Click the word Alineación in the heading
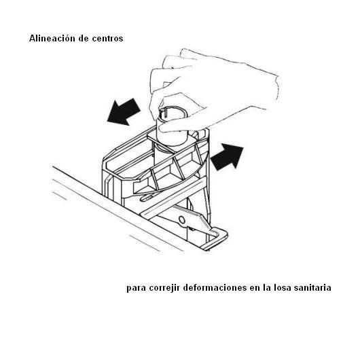(52, 38)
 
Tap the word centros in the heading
(107, 39)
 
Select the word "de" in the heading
(84, 38)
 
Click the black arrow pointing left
(124, 112)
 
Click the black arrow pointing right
(227, 157)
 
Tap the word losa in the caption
(283, 288)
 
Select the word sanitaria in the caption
(312, 288)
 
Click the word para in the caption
(136, 289)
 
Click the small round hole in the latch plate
(182, 220)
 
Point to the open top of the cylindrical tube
(173, 113)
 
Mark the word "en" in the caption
(255, 289)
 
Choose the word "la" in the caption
(267, 288)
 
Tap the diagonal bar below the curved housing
(173, 198)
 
